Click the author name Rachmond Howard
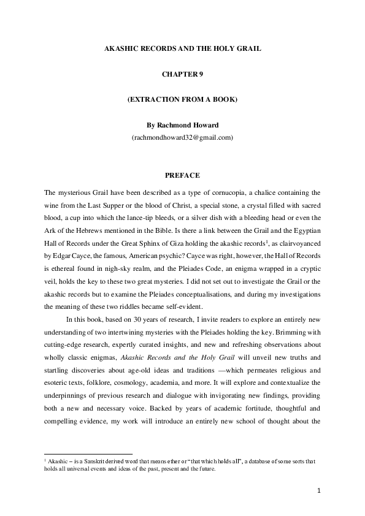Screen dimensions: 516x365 coord(190,125)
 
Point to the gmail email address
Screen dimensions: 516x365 coord(182,138)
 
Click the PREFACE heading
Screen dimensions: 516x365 coord(182,176)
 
